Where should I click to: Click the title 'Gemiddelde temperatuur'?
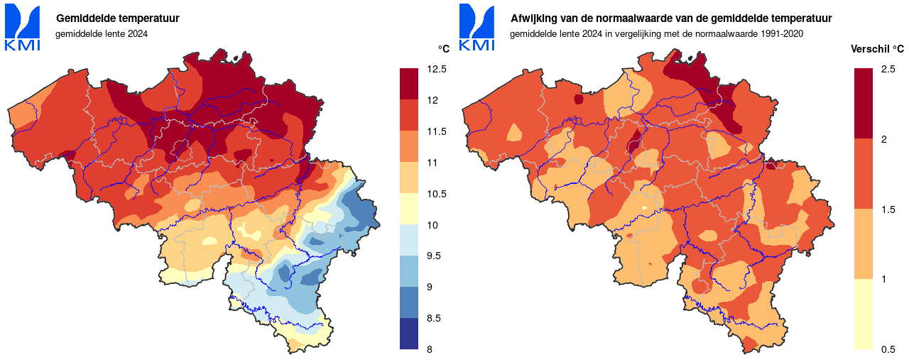[x=117, y=18]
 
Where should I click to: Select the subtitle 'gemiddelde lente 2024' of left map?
[x=102, y=33]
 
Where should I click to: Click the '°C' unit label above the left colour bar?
[x=443, y=49]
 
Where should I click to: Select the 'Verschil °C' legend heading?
[x=877, y=49]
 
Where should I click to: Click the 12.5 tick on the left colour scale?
[x=437, y=69]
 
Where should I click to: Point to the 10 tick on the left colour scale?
[x=432, y=225]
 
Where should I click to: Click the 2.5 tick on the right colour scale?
[x=888, y=69]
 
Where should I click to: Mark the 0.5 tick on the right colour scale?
[x=888, y=349]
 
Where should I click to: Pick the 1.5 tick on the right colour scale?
[x=888, y=209]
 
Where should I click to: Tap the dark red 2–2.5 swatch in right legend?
[x=864, y=103]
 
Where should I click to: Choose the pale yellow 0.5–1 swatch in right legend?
[x=864, y=314]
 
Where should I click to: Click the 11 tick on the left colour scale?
[x=432, y=163]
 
